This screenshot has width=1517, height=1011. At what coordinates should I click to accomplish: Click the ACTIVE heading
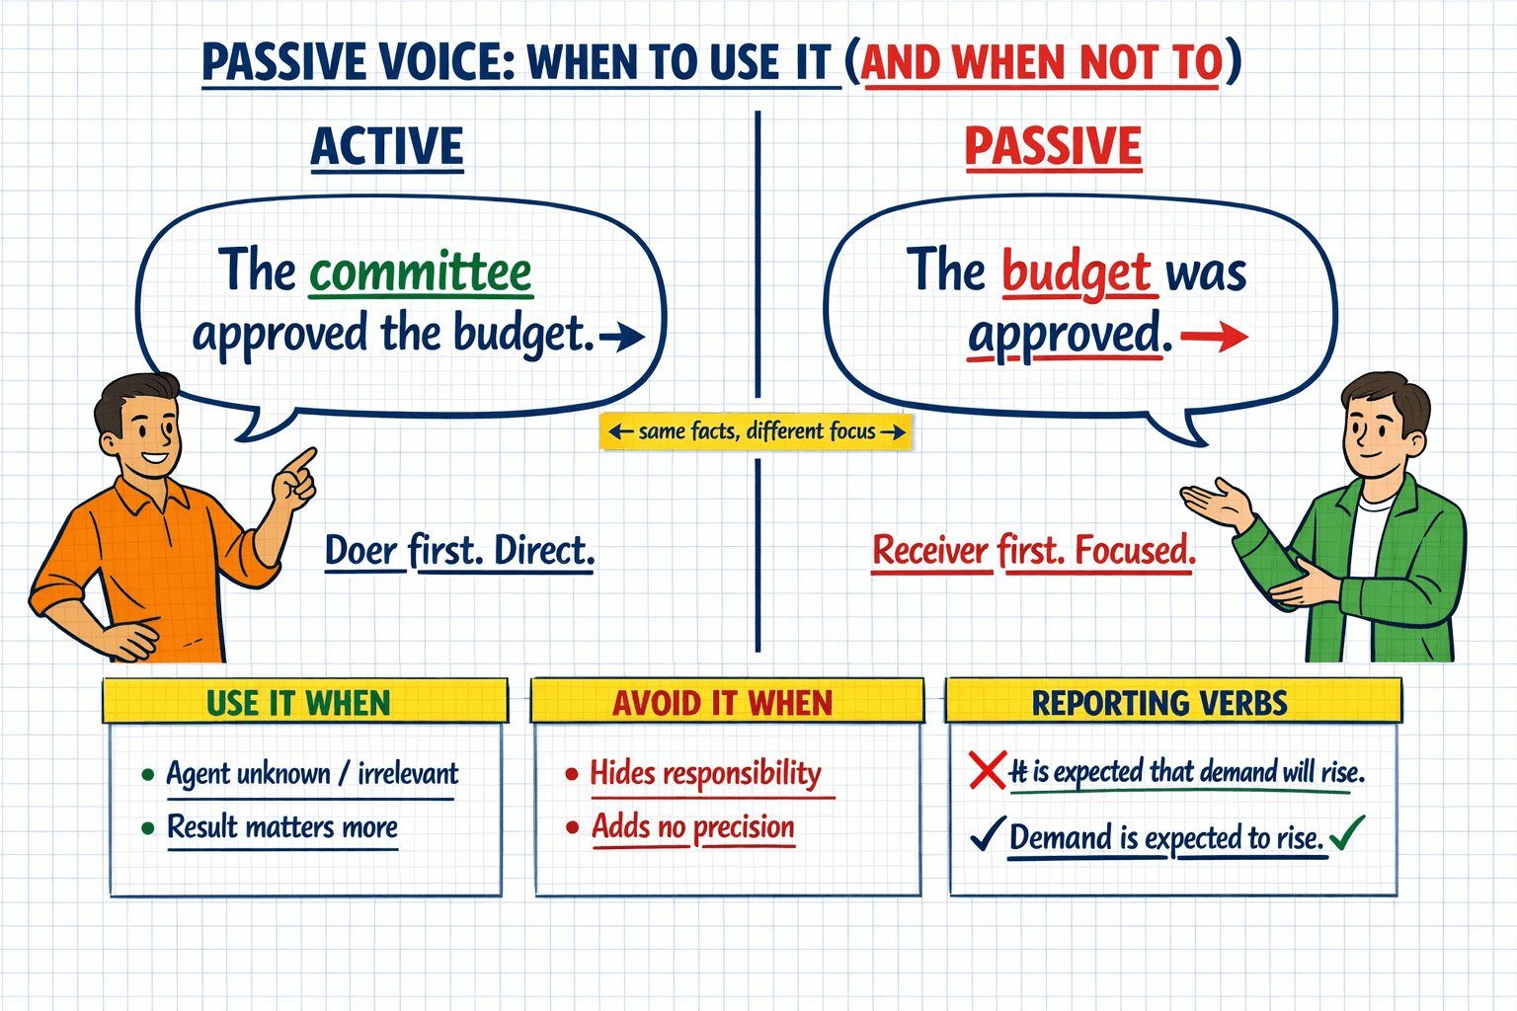tap(387, 147)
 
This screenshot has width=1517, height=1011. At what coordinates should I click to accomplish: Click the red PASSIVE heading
tap(1053, 147)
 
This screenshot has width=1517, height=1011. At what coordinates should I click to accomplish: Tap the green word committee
tap(421, 272)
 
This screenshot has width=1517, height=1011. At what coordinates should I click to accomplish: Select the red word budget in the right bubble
tap(1077, 272)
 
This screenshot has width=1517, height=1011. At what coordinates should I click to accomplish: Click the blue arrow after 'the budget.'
tap(622, 338)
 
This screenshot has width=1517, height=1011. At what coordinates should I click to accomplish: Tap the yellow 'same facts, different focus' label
tap(757, 431)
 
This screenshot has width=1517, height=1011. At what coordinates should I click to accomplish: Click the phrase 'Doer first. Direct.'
tap(460, 551)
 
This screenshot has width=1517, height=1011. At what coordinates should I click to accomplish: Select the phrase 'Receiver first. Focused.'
tap(1034, 551)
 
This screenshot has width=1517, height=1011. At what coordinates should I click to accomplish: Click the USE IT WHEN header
tap(299, 703)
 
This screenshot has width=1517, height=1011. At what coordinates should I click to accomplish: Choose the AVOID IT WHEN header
tap(723, 703)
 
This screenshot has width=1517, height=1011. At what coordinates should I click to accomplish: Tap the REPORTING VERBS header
tap(1159, 703)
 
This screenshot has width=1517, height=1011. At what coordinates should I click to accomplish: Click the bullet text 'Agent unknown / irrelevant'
tap(312, 773)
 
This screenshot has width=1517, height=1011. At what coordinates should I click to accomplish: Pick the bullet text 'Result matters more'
tap(282, 826)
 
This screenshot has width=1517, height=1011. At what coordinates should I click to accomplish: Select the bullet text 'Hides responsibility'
tap(705, 773)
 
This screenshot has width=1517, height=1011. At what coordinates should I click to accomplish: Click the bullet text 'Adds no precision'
tap(693, 826)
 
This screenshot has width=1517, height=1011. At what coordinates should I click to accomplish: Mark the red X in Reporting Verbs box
tap(987, 770)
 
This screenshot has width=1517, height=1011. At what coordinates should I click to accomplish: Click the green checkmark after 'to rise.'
tap(1346, 834)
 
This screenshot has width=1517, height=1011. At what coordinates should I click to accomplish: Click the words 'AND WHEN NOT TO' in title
tap(1042, 63)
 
